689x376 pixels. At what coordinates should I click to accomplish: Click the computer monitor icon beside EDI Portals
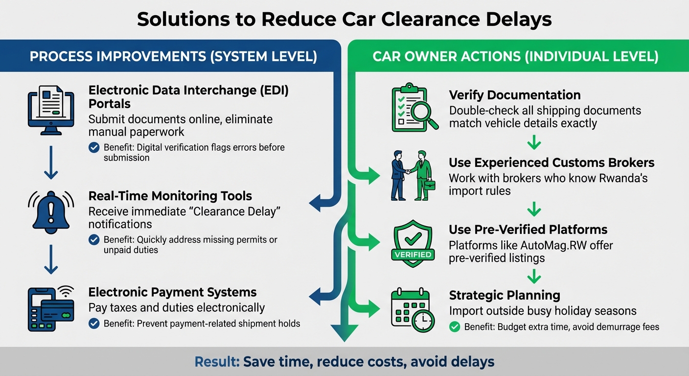51,110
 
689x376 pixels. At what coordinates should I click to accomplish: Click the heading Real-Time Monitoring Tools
170,196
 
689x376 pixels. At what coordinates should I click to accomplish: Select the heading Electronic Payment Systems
172,292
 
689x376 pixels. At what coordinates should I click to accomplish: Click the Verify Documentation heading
515,95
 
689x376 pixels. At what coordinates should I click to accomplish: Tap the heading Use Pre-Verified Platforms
528,230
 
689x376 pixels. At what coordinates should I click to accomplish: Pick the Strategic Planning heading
505,295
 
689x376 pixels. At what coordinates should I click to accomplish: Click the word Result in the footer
215,362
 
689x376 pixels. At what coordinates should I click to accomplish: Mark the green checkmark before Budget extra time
455,327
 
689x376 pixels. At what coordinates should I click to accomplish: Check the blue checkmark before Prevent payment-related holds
93,323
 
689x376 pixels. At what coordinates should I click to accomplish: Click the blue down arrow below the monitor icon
50,168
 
